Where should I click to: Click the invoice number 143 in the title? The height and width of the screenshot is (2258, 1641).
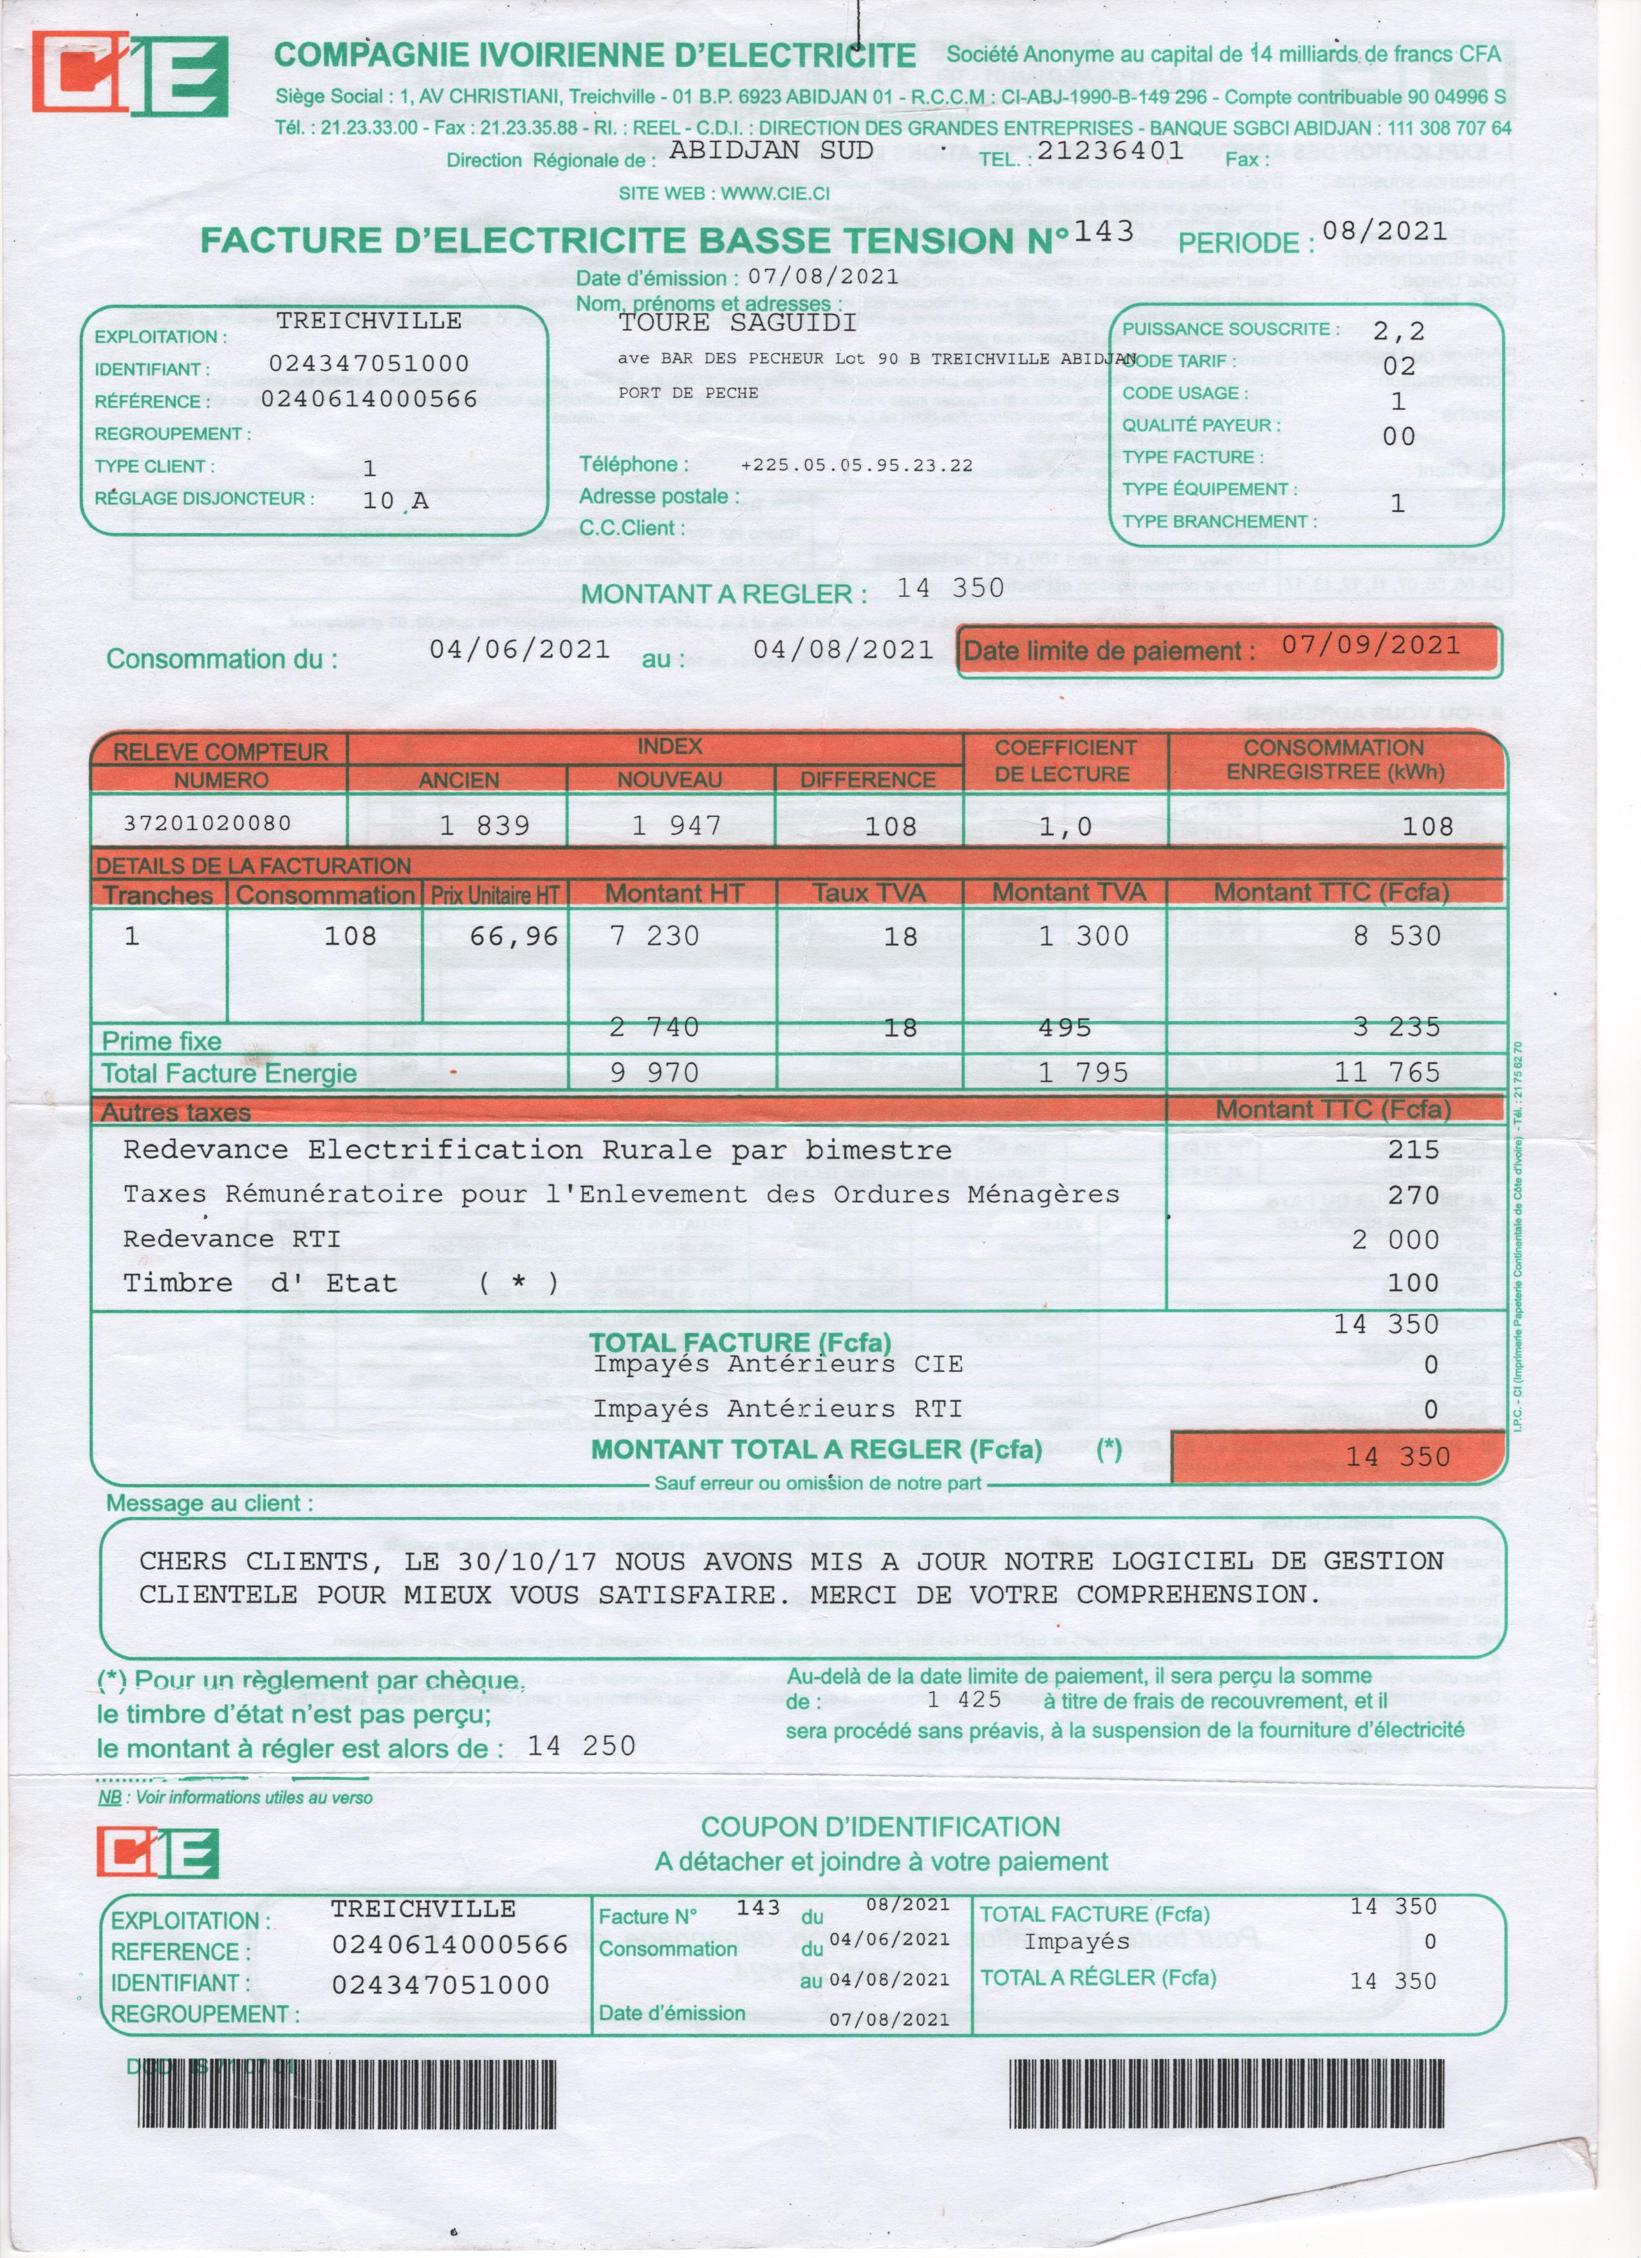pyautogui.click(x=1103, y=231)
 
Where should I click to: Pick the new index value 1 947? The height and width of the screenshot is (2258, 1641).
pyautogui.click(x=676, y=825)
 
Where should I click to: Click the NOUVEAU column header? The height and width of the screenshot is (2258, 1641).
pyautogui.click(x=669, y=780)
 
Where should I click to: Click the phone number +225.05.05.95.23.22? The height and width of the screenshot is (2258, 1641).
pyautogui.click(x=857, y=465)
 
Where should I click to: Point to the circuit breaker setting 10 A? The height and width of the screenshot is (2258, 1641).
pyautogui.click(x=394, y=500)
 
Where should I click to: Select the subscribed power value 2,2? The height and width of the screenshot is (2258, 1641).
pyautogui.click(x=1398, y=331)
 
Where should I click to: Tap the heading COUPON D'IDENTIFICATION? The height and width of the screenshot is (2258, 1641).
pyautogui.click(x=880, y=1827)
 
